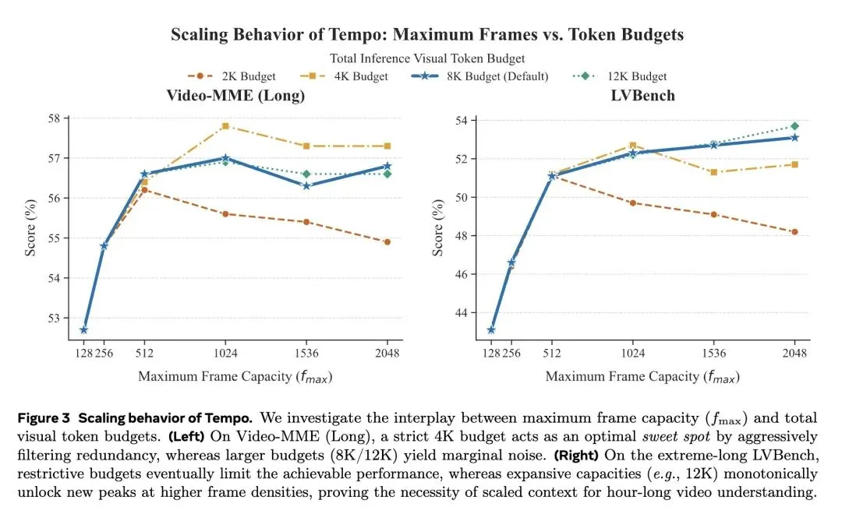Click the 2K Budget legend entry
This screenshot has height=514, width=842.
(x=227, y=76)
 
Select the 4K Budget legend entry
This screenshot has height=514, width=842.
(x=343, y=76)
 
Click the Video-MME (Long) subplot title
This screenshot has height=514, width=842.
(x=235, y=95)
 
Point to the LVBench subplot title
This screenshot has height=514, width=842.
(x=643, y=95)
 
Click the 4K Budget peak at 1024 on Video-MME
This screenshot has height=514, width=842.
(x=225, y=125)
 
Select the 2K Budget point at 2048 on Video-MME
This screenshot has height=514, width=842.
(x=387, y=241)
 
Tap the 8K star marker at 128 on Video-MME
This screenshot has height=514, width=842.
(x=83, y=330)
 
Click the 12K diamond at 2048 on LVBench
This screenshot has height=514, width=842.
(x=794, y=125)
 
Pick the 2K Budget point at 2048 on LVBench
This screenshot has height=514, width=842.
(x=794, y=231)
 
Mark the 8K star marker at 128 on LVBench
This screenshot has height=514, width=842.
(x=490, y=330)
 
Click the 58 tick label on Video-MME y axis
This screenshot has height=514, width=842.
(x=54, y=118)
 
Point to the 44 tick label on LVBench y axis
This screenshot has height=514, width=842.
(x=462, y=313)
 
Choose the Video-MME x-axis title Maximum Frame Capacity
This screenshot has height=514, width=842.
(x=235, y=376)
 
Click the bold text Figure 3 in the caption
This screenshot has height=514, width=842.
(x=44, y=419)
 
